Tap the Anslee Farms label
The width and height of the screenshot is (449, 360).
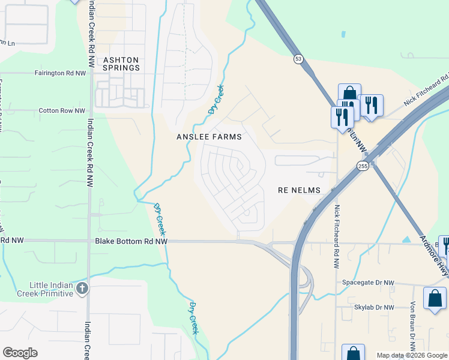(209, 137)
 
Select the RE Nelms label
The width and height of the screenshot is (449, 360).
(300, 190)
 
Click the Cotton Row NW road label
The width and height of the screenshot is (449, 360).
(62, 110)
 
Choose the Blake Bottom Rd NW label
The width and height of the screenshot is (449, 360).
(131, 241)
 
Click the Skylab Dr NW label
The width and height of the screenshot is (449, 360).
(373, 307)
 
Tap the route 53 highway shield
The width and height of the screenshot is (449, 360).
(298, 59)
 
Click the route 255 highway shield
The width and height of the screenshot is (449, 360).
(362, 166)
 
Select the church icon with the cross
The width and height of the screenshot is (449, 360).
(82, 289)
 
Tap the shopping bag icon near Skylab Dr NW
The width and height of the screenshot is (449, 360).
(435, 298)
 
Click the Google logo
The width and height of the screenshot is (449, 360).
(20, 353)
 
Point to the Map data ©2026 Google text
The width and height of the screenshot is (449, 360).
(412, 355)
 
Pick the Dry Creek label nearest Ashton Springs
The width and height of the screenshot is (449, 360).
(215, 100)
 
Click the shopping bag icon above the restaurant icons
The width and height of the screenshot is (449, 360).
(349, 94)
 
